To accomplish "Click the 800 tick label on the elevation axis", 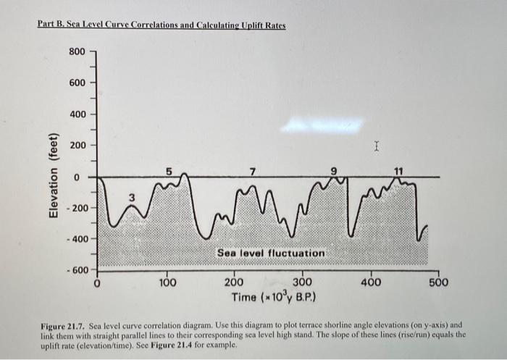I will click(77, 51).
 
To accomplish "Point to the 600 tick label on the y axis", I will click(77, 83).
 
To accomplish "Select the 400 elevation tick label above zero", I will click(77, 114).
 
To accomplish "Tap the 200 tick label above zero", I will click(77, 146).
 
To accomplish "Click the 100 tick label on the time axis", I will click(167, 282).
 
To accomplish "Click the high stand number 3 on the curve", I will click(132, 197).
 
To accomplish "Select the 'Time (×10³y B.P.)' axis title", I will click(272, 298).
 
